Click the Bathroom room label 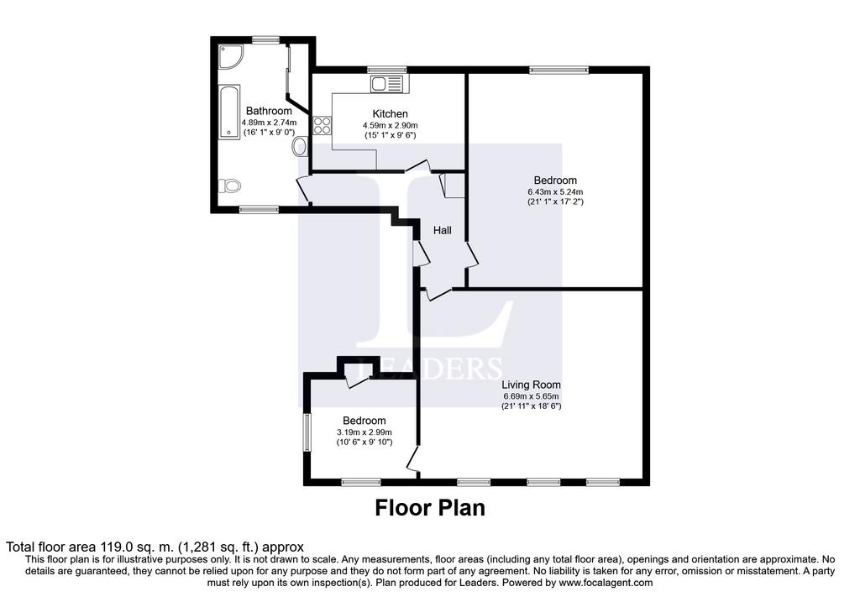[269, 112]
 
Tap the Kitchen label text [390, 114]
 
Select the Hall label [443, 230]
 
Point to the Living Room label [531, 385]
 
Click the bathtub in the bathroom [230, 112]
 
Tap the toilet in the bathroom [230, 186]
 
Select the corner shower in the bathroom [229, 56]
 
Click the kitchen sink [386, 84]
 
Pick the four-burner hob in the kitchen [322, 126]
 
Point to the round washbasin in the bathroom [300, 147]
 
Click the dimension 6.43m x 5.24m [555, 192]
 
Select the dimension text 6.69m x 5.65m [531, 396]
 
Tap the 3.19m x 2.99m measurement [364, 432]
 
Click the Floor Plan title [430, 508]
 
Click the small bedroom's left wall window [307, 432]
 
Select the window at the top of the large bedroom [558, 70]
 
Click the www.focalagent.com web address [606, 583]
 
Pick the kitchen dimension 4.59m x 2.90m [390, 126]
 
